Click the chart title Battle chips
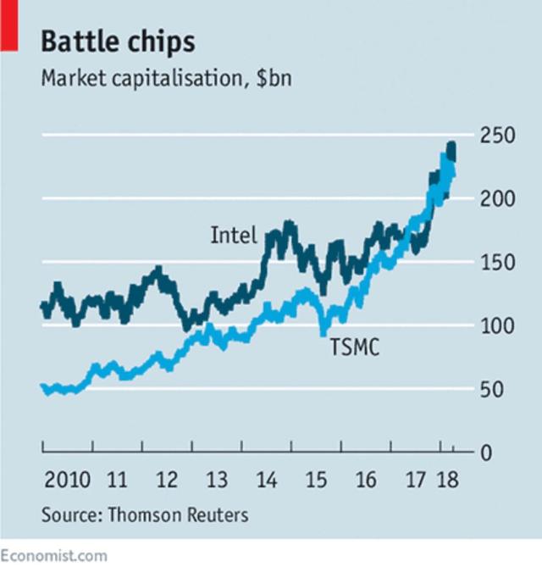point(118,42)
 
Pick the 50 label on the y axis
point(490,389)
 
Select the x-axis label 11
point(118,481)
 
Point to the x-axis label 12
point(167,481)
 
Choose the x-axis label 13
point(217,481)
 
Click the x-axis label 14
point(267,481)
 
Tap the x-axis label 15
point(316,481)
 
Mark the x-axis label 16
point(366,481)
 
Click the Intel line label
point(233,235)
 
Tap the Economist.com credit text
point(54,555)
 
